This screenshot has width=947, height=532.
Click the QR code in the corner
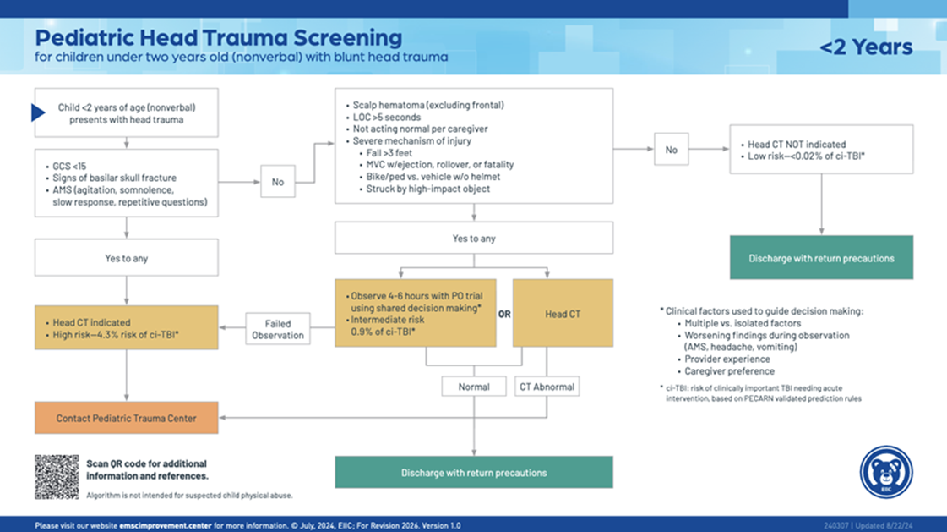(57, 476)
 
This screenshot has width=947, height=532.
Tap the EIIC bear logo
(885, 472)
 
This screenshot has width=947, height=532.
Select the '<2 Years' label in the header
(866, 47)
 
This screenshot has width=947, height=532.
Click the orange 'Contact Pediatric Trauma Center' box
(127, 418)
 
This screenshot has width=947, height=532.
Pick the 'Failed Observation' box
(277, 329)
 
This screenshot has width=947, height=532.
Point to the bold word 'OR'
(504, 314)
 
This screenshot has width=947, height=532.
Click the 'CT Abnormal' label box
(547, 387)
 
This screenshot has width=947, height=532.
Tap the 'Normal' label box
(473, 387)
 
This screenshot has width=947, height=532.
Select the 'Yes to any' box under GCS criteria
(127, 258)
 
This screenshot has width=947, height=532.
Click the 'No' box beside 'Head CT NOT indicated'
(671, 150)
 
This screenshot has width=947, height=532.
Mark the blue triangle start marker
(38, 112)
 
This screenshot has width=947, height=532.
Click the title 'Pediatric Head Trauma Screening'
(218, 38)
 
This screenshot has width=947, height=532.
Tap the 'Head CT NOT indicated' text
(797, 145)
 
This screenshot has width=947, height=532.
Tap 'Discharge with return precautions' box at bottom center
(473, 472)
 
